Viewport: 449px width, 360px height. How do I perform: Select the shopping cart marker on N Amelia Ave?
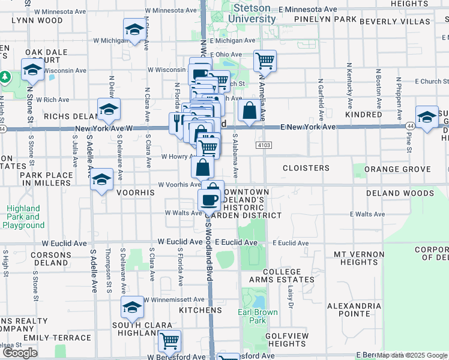pyautogui.click(x=265, y=61)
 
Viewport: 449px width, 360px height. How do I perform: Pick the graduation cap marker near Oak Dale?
pyautogui.click(x=32, y=70)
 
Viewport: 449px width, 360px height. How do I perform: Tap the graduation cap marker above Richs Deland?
pyautogui.click(x=109, y=109)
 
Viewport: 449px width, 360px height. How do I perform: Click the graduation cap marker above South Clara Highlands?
pyautogui.click(x=132, y=308)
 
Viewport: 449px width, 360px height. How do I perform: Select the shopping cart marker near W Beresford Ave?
pyautogui.click(x=170, y=341)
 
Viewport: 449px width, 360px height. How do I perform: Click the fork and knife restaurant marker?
pyautogui.click(x=178, y=123)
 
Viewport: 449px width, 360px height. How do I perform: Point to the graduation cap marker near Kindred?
pyautogui.click(x=427, y=116)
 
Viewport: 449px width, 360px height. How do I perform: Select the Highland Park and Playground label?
pyautogui.click(x=24, y=217)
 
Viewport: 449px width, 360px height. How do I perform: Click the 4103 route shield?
pyautogui.click(x=263, y=145)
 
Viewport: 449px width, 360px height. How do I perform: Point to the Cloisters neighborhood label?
pyautogui.click(x=306, y=168)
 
